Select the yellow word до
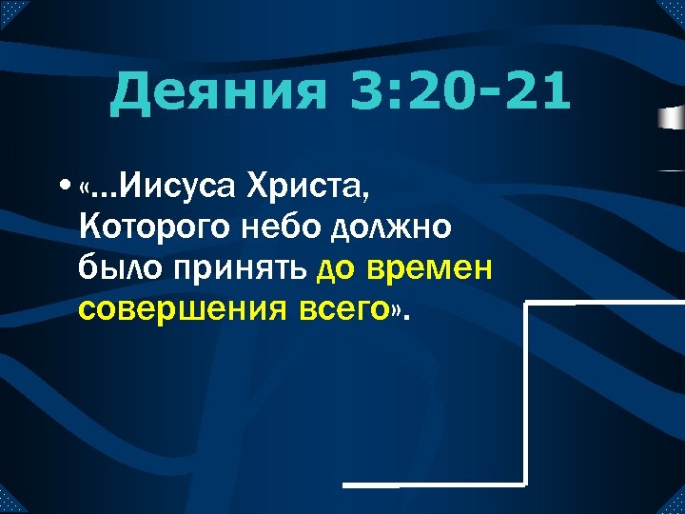[x=336, y=269]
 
